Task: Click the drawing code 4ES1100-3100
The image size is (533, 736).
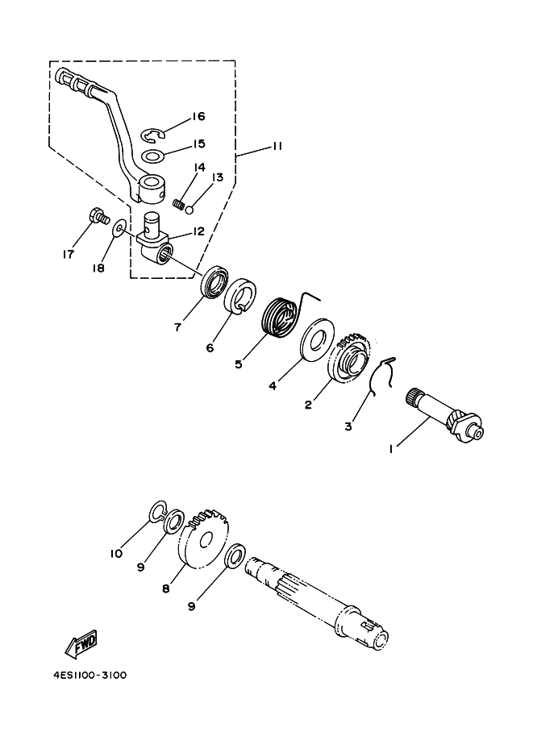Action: click(x=86, y=675)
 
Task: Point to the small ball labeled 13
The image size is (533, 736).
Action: click(x=189, y=210)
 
